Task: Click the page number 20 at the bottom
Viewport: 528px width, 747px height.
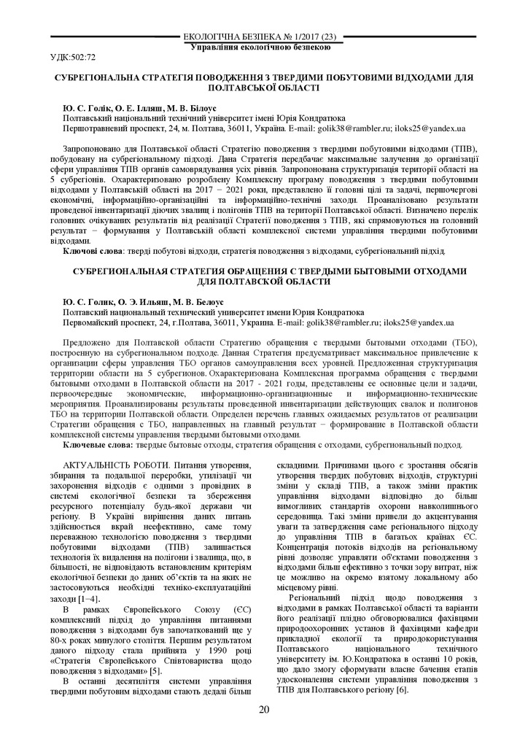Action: click(264, 710)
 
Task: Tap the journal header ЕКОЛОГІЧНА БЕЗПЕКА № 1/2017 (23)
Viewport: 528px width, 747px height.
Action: click(263, 37)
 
